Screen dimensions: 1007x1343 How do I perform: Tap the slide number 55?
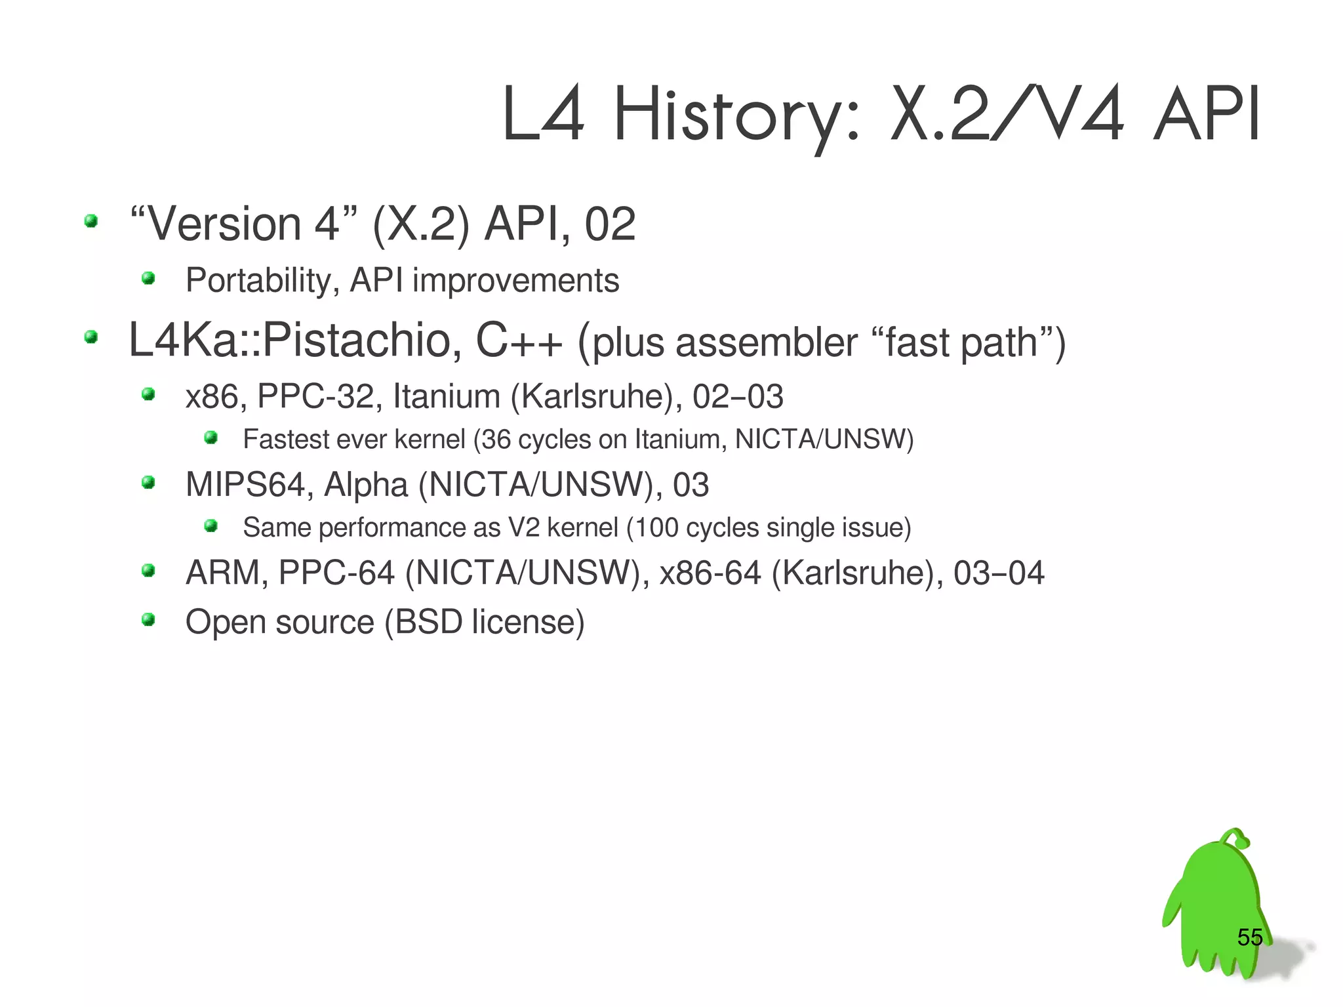[x=1249, y=937]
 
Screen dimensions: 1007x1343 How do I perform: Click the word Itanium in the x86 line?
[x=447, y=397]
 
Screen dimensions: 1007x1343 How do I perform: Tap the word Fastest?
[x=285, y=440]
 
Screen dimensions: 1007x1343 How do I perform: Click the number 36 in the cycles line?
[x=496, y=440]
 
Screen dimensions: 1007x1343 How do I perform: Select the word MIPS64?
[x=245, y=485]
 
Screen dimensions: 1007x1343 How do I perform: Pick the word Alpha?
[x=365, y=485]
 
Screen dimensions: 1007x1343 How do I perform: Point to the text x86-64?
[x=710, y=573]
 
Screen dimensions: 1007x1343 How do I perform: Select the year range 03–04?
[x=998, y=573]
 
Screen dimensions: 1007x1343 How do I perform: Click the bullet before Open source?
[x=148, y=619]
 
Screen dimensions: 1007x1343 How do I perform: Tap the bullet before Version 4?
[x=91, y=221]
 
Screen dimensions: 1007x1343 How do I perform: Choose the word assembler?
[x=766, y=343]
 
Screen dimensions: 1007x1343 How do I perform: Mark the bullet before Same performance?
[x=210, y=525]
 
